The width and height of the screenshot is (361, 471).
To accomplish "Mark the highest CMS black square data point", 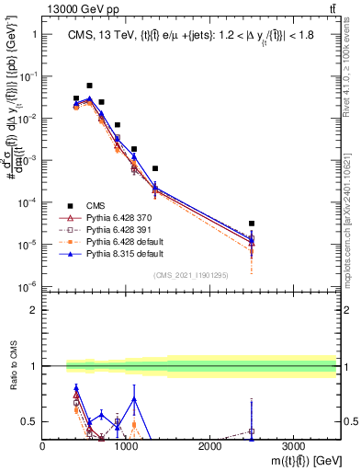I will [x=89, y=86].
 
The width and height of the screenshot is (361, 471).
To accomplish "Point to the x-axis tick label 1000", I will [x=126, y=445].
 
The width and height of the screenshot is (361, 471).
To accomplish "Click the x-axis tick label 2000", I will [x=209, y=445].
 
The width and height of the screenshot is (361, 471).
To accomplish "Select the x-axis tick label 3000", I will [x=292, y=445].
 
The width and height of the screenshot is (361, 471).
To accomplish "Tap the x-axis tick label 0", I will [x=43, y=445].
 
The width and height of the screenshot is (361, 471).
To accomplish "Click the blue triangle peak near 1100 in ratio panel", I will [x=134, y=398].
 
